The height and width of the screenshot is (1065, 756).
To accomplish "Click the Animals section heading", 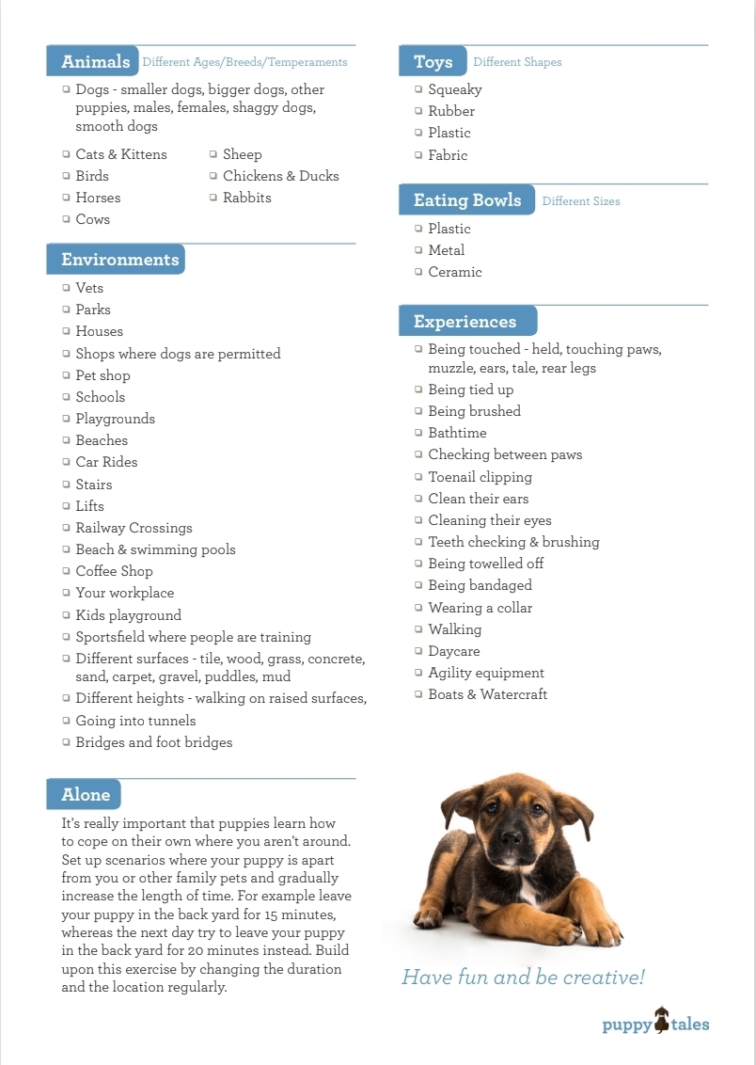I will [95, 62].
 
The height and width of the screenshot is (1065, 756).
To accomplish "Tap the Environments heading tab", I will [118, 260].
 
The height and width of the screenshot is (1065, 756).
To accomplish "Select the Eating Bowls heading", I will [466, 200].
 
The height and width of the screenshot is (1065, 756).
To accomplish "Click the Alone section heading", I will [86, 795].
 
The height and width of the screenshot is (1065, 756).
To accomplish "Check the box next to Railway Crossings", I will [66, 528].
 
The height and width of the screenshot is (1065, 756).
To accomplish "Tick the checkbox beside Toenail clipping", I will [418, 477].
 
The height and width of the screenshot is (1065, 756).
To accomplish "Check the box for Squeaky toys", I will [418, 89].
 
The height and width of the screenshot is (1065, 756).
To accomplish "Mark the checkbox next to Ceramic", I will [418, 272].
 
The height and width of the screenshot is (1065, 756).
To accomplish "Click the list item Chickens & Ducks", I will [280, 176].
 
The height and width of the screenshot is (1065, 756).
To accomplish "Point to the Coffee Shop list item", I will [114, 571].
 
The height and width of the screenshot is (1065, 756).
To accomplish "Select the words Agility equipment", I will [485, 673].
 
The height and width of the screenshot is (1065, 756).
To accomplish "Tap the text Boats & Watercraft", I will [487, 694].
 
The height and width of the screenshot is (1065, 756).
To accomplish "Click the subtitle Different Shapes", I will [517, 62].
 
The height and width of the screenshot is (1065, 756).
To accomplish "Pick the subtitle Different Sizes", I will [581, 201].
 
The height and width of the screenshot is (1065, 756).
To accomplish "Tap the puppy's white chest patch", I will [528, 888].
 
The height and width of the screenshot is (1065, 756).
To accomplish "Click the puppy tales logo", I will [655, 1023].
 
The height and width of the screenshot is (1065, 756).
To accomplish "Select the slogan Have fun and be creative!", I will [523, 978].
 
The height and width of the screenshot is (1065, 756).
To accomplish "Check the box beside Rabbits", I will [213, 198].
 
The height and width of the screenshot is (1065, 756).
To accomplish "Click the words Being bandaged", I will [480, 585].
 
